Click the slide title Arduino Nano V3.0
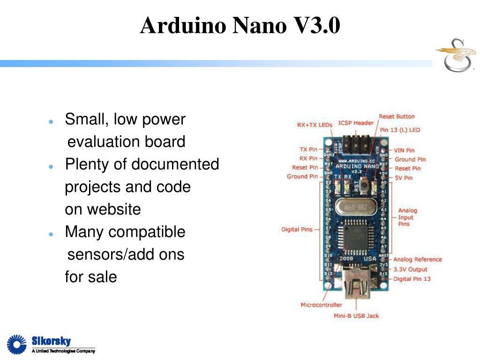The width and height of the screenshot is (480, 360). pyautogui.click(x=240, y=25)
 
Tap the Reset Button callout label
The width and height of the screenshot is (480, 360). pyautogui.click(x=397, y=116)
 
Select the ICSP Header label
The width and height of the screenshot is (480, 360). pyautogui.click(x=356, y=123)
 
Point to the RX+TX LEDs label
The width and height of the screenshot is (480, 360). pyautogui.click(x=315, y=125)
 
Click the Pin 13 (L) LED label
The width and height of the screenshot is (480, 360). pyautogui.click(x=400, y=130)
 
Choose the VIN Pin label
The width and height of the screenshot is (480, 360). pyautogui.click(x=404, y=150)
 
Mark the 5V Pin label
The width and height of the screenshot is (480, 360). pyautogui.click(x=404, y=178)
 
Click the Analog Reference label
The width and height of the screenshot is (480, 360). pyautogui.click(x=417, y=259)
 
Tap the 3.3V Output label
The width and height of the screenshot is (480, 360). pyautogui.click(x=410, y=269)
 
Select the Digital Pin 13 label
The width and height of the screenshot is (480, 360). pyautogui.click(x=412, y=279)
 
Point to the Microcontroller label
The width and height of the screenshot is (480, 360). pyautogui.click(x=321, y=305)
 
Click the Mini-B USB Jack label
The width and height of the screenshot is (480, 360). pyautogui.click(x=356, y=315)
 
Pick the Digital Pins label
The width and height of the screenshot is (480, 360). pyautogui.click(x=297, y=230)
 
